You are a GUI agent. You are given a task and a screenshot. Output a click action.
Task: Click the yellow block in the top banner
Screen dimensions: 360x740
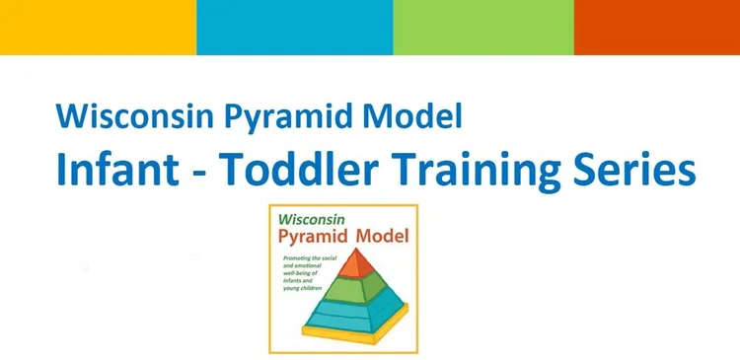coord(98,27)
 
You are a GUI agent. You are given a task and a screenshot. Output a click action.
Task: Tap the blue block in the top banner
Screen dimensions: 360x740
coord(294,27)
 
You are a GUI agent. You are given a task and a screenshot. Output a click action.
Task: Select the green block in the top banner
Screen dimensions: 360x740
coord(483,27)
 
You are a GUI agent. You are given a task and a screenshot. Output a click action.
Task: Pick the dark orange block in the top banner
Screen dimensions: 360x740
coord(657,27)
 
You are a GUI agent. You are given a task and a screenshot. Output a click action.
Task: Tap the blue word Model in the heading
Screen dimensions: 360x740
coord(414,118)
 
